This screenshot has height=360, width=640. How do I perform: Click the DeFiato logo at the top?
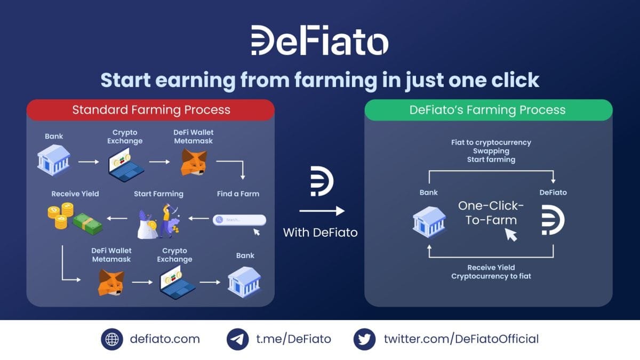coord(320,40)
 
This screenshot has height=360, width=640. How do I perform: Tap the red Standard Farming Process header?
coord(151,110)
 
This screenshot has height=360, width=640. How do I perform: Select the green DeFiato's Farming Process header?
coord(487,110)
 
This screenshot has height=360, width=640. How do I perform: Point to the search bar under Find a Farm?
coord(239,220)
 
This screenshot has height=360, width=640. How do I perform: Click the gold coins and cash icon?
coord(74,219)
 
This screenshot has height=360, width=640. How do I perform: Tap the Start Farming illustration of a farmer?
coord(159,220)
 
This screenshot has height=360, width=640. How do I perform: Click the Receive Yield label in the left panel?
coord(75,194)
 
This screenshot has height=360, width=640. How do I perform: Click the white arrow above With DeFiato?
coord(322,211)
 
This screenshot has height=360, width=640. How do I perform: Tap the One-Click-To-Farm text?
coord(491,213)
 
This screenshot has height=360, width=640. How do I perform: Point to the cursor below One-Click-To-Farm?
coord(511,234)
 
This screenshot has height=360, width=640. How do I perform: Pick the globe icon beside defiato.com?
coord(112,339)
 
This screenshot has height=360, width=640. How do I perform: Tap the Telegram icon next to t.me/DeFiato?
coord(238,339)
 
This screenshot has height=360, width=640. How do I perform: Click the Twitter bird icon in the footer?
coord(365,339)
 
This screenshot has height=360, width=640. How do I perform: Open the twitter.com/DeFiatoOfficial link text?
coord(461,339)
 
